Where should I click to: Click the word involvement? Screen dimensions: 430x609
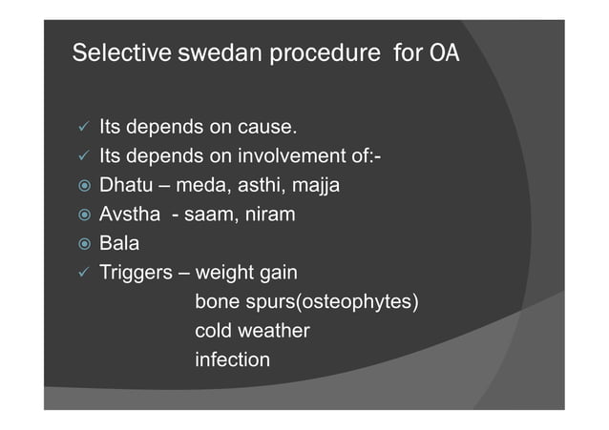tap(284, 156)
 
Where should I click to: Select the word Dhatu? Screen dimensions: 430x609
tap(125, 186)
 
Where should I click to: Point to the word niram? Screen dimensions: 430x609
tap(268, 215)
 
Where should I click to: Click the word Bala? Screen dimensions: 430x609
tap(119, 244)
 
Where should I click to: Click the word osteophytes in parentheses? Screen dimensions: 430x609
tap(367, 303)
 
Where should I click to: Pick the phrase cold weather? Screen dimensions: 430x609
tap(252, 332)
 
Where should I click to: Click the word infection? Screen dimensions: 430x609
tap(232, 360)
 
